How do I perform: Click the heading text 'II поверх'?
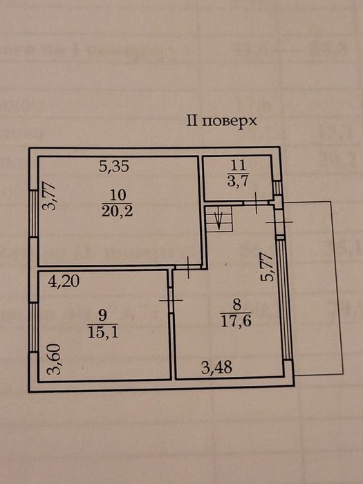[x=221, y=121]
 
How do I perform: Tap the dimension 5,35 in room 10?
[x=114, y=167]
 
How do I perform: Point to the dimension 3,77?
[x=49, y=196]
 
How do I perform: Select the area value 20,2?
[x=118, y=212]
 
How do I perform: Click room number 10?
[x=118, y=195]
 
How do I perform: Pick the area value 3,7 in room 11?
[x=238, y=181]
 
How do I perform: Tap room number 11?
[x=239, y=165]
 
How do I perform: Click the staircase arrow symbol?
[x=219, y=220]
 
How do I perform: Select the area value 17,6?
[x=236, y=321]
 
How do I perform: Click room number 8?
[x=236, y=306]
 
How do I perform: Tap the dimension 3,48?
[x=216, y=368]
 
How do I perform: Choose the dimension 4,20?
[x=64, y=281]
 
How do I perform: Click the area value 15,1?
[x=103, y=333]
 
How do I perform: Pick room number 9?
[x=103, y=316]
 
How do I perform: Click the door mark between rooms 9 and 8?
[x=171, y=300]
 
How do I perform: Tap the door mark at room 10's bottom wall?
[x=188, y=268]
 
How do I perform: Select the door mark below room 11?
[x=257, y=203]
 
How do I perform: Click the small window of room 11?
[x=278, y=187]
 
